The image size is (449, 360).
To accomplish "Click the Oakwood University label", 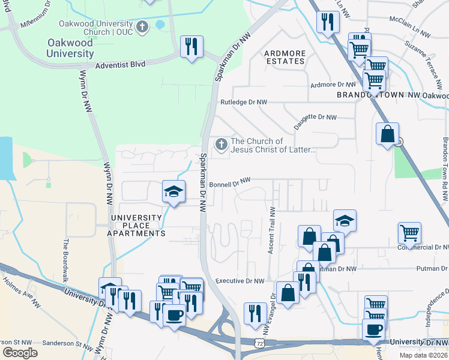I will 70,47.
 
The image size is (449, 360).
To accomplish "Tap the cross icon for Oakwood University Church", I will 142,26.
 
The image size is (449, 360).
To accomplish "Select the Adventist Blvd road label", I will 120,64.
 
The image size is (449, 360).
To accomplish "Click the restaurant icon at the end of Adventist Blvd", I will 191,47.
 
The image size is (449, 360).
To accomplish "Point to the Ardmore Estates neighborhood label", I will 285,57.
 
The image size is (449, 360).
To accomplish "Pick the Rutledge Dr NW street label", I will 243,103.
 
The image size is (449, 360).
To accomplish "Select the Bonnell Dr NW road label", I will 229,181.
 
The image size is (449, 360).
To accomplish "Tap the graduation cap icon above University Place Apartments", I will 173,192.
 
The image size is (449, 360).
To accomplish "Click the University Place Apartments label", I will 136,225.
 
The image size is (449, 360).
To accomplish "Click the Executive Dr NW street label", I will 240,281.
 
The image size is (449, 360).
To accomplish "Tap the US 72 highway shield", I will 259,343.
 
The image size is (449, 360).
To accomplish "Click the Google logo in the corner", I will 20,352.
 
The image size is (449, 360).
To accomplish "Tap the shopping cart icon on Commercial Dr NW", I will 409,232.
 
